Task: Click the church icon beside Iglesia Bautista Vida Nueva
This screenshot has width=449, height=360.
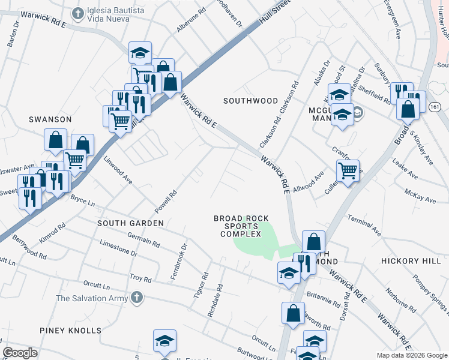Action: click(77, 13)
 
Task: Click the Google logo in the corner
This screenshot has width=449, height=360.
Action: click(20, 353)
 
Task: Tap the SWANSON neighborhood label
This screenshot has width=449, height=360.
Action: click(50, 119)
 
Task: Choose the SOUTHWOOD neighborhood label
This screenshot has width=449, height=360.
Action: click(250, 101)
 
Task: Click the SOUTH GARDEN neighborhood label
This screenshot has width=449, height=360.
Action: click(131, 223)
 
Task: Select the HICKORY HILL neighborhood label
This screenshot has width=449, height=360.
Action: click(411, 262)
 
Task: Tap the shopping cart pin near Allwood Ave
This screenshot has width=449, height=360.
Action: click(348, 171)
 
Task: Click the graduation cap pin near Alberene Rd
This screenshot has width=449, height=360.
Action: click(140, 53)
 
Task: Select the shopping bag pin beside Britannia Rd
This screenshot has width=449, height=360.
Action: click(293, 314)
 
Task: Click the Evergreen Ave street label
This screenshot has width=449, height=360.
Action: click(394, 20)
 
